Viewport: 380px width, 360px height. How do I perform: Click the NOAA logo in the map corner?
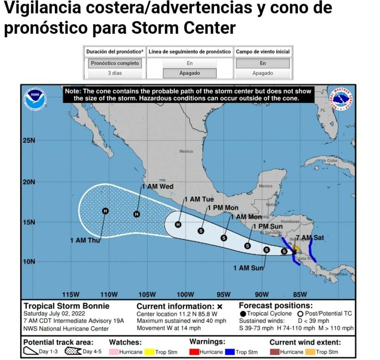[35, 99]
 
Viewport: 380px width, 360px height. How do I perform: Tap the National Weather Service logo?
[342, 99]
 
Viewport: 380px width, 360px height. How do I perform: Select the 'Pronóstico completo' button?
[115, 63]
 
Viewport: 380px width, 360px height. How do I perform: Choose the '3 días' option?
[115, 73]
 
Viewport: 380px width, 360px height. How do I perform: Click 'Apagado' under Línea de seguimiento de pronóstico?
[190, 73]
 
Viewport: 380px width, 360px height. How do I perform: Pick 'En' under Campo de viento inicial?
[263, 63]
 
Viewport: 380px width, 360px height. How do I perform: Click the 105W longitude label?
[147, 294]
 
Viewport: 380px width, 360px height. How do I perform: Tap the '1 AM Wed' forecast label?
[158, 186]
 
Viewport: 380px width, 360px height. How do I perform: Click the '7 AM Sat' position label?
[310, 237]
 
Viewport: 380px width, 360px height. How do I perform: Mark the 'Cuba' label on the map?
[332, 161]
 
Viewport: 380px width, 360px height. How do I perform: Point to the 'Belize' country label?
[272, 205]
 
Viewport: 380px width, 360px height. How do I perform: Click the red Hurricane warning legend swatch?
[194, 351]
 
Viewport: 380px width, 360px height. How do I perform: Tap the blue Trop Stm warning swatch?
[230, 351]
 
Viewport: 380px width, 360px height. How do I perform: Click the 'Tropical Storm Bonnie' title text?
[66, 306]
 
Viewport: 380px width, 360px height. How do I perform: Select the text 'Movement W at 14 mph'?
[168, 328]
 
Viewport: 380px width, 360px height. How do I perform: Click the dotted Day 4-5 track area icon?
[73, 351]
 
